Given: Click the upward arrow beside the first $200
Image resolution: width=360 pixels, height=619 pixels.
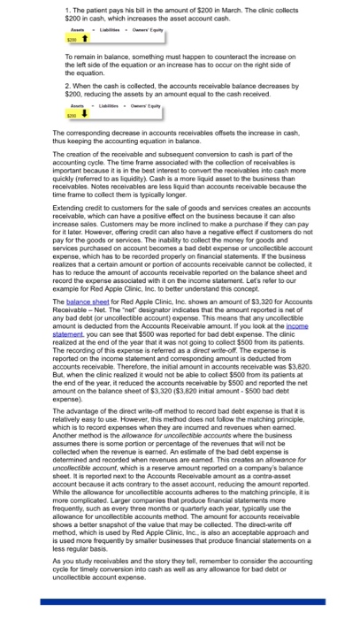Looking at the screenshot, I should point(60,39).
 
